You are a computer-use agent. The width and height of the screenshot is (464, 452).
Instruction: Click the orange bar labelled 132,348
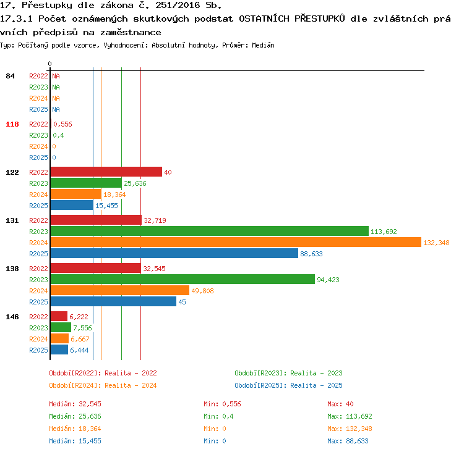point(236,242)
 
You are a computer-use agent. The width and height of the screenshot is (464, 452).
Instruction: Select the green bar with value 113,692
point(210,231)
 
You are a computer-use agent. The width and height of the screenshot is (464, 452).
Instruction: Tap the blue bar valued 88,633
point(174,253)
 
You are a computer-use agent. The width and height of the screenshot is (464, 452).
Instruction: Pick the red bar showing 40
point(106,172)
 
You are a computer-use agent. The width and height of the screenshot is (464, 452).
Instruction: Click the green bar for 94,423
point(183,279)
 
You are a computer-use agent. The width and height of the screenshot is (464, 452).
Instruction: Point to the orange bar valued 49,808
point(120,290)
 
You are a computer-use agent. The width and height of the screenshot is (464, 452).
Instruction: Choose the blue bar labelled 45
point(113,301)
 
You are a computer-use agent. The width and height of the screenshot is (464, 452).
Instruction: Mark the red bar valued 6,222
point(59,316)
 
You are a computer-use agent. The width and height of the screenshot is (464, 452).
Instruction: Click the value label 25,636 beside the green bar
point(135,183)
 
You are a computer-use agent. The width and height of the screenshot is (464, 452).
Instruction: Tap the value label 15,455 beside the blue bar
point(106,206)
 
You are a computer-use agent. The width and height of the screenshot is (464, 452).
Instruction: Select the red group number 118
point(12,124)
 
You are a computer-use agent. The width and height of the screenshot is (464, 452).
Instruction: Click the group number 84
point(10,76)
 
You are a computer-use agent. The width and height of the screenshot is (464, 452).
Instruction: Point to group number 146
point(12,317)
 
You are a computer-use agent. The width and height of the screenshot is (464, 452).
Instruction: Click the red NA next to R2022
point(56,76)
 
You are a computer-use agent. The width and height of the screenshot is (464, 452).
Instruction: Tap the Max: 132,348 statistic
point(350,429)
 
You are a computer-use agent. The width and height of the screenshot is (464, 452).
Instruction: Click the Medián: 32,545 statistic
point(75,404)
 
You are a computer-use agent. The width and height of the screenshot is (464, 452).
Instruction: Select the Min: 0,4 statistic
point(218,416)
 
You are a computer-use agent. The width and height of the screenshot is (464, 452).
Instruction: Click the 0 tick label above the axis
point(49,64)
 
